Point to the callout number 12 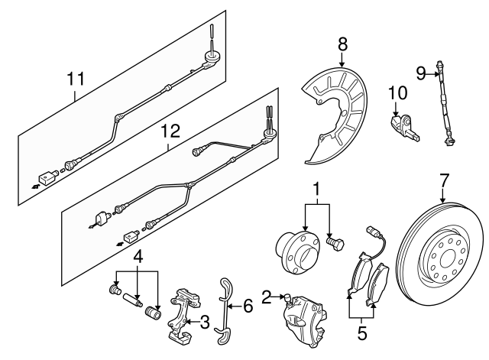[170, 131]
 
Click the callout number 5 [361, 332]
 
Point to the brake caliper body [303, 318]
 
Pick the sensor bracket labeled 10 [403, 126]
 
